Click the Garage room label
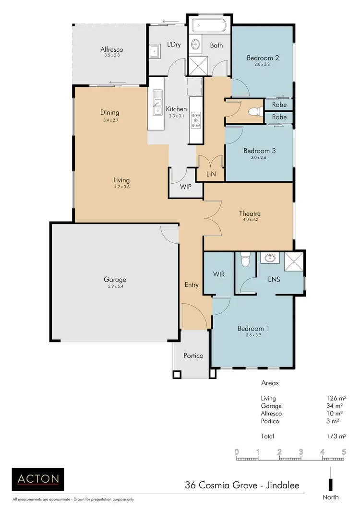pyautogui.click(x=115, y=280)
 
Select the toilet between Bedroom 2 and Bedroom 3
pyautogui.click(x=253, y=112)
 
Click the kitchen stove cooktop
pyautogui.click(x=196, y=120)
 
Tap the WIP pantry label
pyautogui.click(x=186, y=187)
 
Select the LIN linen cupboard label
pyautogui.click(x=210, y=174)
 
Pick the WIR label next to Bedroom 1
pyautogui.click(x=219, y=274)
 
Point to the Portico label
pyautogui.click(x=193, y=356)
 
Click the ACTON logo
pyautogui.click(x=38, y=478)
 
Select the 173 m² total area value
pyautogui.click(x=336, y=436)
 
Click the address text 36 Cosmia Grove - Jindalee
pyautogui.click(x=242, y=485)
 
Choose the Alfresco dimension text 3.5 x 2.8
pyautogui.click(x=111, y=56)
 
